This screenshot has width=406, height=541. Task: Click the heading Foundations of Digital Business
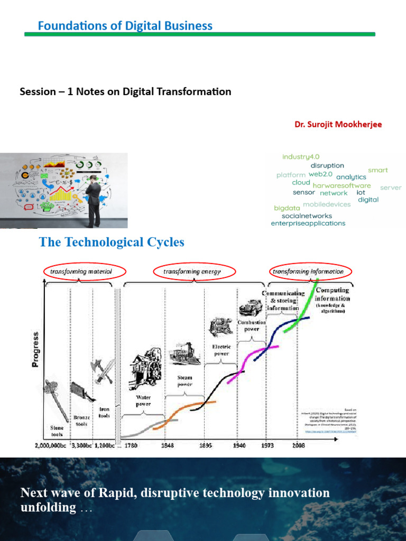pyautogui.click(x=125, y=25)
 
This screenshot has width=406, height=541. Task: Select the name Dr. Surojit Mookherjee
pyautogui.click(x=338, y=125)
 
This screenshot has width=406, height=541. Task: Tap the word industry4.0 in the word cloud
pyautogui.click(x=302, y=157)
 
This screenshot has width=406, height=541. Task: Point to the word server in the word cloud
pyautogui.click(x=391, y=188)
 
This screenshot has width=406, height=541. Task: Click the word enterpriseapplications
pyautogui.click(x=308, y=223)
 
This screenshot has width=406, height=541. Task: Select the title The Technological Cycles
pyautogui.click(x=112, y=242)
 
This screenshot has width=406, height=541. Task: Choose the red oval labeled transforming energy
pyautogui.click(x=191, y=272)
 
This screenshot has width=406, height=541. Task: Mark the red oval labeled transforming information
pyautogui.click(x=308, y=272)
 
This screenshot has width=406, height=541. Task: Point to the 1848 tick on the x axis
pyautogui.click(x=165, y=445)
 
